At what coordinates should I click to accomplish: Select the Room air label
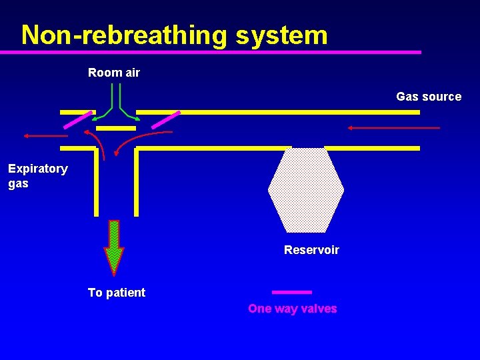(114, 73)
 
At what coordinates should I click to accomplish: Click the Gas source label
(429, 97)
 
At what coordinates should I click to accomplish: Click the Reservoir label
(311, 250)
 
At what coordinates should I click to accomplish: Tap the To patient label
(117, 292)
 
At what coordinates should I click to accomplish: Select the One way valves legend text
(292, 309)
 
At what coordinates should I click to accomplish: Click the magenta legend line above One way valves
(292, 292)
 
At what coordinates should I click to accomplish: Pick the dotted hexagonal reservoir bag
(306, 190)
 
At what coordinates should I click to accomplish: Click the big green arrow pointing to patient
(114, 247)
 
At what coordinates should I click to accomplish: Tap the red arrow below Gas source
(393, 127)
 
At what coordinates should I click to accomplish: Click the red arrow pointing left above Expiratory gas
(45, 135)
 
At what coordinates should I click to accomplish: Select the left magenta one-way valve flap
(77, 119)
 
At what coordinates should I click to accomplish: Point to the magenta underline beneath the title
(220, 51)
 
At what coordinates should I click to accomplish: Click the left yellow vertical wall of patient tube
(96, 181)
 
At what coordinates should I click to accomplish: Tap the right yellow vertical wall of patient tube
(136, 181)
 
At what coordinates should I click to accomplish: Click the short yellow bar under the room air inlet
(116, 127)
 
